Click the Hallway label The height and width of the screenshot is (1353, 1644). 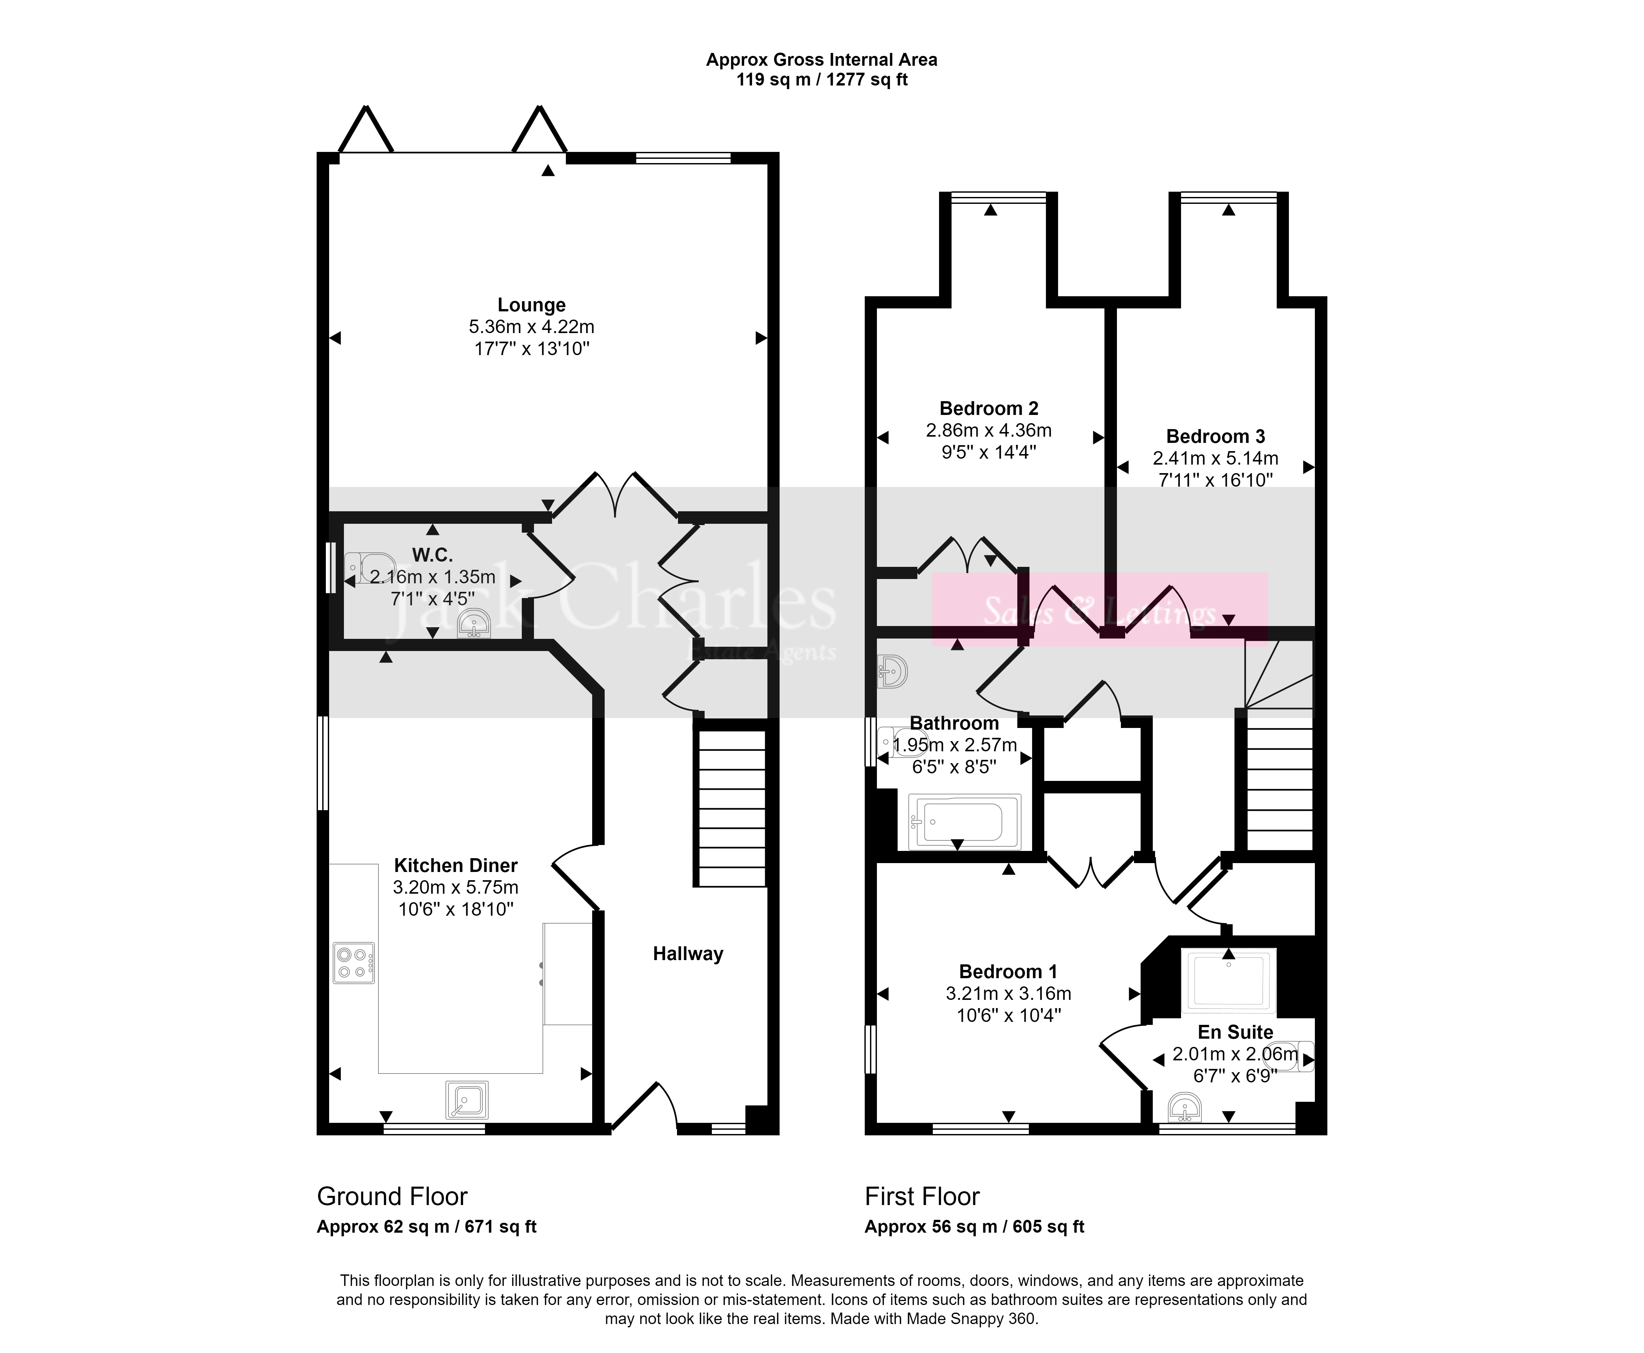pyautogui.click(x=688, y=954)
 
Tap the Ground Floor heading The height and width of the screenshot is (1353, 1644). pyautogui.click(x=392, y=1196)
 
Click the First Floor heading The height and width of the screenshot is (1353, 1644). pyautogui.click(x=922, y=1196)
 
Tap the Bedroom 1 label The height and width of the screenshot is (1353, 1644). pyautogui.click(x=1008, y=972)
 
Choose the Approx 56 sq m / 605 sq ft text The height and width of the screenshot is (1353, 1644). pyautogui.click(x=974, y=1227)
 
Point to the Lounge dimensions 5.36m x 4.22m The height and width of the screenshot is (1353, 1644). pyautogui.click(x=532, y=326)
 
